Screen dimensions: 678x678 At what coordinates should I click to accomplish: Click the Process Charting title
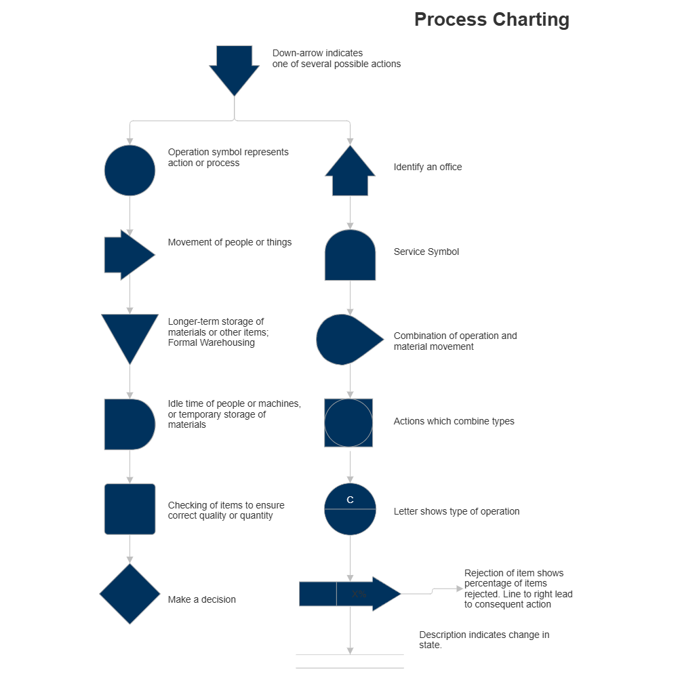pos(492,20)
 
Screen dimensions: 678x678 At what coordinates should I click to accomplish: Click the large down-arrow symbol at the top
pos(234,68)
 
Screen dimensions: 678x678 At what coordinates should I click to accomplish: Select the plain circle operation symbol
pos(129,170)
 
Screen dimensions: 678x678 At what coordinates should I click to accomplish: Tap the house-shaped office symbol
pos(350,174)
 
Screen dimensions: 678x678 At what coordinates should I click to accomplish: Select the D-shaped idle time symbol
pos(128,424)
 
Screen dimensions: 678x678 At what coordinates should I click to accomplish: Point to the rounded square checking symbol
pos(129,509)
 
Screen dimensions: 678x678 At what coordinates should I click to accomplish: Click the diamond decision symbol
pos(129,594)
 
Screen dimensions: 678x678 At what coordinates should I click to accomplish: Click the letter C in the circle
pos(350,500)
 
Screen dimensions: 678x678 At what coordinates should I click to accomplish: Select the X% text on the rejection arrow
pos(359,595)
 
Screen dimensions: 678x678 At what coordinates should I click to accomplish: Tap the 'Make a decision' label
pos(202,600)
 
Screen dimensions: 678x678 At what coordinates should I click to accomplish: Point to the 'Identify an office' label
pos(428,167)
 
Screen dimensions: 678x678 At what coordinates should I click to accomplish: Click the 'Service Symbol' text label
pos(426,252)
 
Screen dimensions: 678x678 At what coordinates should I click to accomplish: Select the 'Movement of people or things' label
pos(230,243)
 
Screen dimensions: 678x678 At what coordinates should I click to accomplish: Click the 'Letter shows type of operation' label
pos(456,512)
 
